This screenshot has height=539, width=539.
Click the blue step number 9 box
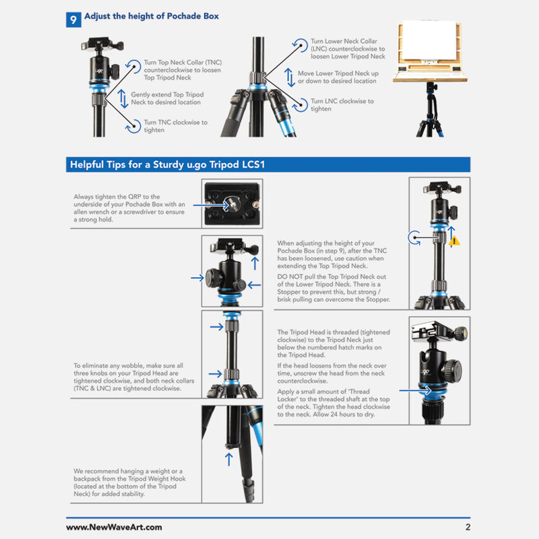73,19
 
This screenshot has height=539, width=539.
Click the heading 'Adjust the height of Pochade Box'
152,16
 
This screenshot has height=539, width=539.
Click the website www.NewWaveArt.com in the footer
114,528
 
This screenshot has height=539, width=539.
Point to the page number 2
467,528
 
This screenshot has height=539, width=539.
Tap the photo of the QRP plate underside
232,203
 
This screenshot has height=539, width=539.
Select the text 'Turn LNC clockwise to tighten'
342,105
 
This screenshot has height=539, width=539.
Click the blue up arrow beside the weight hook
228,459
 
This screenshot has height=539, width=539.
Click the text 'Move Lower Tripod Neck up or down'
338,77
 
